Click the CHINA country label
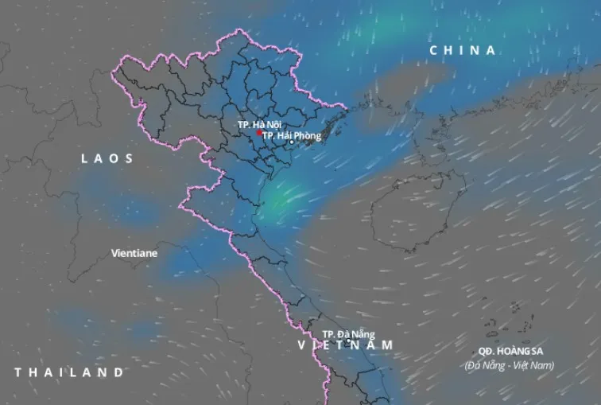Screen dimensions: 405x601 [x=462, y=50]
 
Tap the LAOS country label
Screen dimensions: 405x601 [x=107, y=159]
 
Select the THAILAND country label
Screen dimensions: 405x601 [x=69, y=372]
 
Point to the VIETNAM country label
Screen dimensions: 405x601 [x=346, y=345]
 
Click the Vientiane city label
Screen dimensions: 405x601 [x=134, y=253]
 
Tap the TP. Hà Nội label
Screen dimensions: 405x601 [x=259, y=125]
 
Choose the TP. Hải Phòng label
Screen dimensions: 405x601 [x=292, y=136]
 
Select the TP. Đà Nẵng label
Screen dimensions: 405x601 [x=348, y=334]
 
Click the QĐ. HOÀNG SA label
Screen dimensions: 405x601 [x=509, y=351]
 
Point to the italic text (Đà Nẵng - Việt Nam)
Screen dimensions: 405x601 [x=509, y=365]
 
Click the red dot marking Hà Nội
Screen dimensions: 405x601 [x=258, y=134]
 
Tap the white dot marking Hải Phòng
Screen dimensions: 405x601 [x=292, y=143]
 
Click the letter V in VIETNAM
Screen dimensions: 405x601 [x=302, y=345]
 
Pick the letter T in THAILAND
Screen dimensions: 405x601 [x=18, y=372]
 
